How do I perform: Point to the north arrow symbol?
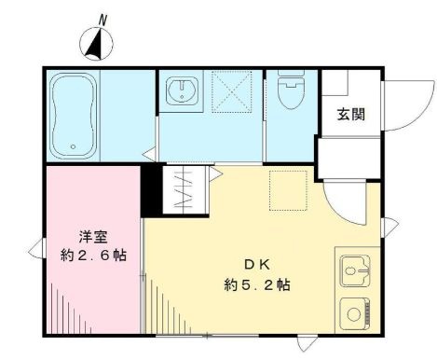(97, 41)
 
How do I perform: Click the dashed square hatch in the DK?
(286, 188)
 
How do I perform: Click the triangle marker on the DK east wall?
(391, 224)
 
